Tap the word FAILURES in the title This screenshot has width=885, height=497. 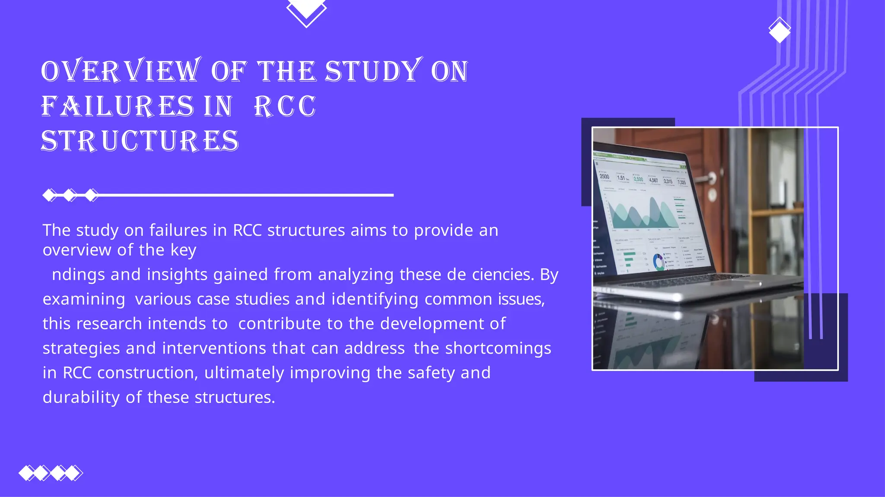(118, 106)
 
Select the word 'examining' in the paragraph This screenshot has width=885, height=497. (84, 299)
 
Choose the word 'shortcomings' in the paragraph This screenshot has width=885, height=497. (498, 348)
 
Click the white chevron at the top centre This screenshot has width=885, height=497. (306, 13)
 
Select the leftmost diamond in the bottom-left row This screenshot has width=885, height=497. (26, 473)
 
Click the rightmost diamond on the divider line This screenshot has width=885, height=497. (91, 195)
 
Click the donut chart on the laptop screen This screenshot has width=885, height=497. (659, 262)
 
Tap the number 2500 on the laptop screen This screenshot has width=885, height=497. (605, 177)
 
